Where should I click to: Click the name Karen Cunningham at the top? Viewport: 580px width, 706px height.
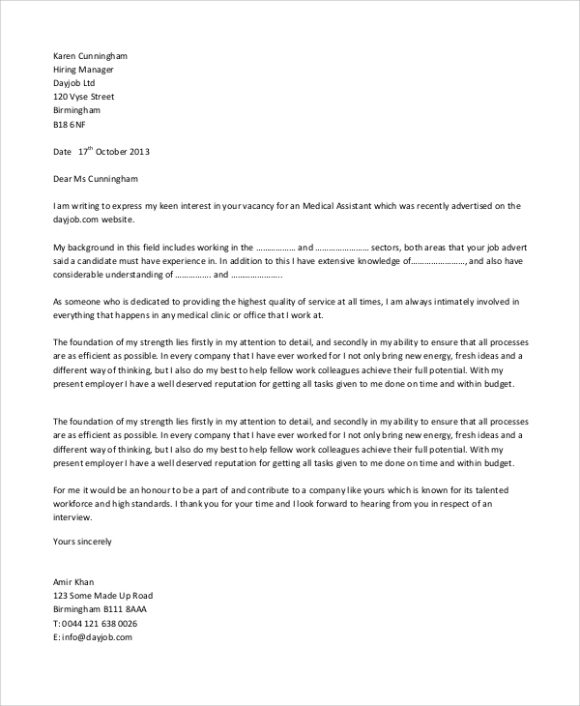click(x=90, y=56)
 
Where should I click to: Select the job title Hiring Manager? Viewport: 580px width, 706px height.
click(x=83, y=70)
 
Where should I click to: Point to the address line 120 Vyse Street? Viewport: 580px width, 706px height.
click(x=83, y=97)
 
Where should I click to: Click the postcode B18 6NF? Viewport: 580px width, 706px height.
click(x=69, y=125)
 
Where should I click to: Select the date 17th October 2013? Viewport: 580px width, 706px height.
click(x=114, y=152)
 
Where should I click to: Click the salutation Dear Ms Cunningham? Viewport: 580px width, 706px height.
click(x=96, y=179)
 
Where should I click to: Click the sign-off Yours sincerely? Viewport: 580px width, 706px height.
click(x=82, y=542)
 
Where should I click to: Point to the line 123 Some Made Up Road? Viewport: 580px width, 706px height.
click(x=102, y=596)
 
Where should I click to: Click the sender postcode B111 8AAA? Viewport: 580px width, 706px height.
click(x=127, y=609)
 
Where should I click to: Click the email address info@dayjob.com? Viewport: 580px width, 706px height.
click(x=96, y=637)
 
